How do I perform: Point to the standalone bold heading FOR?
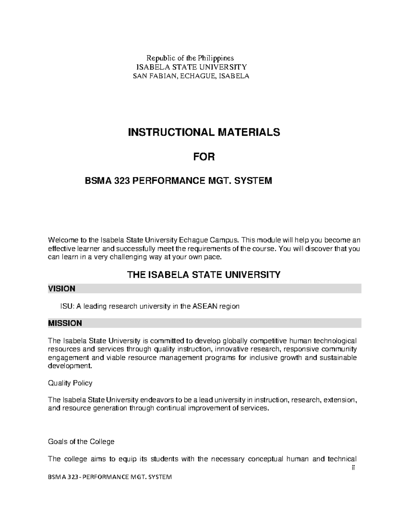click(204, 157)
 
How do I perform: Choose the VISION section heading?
click(62, 289)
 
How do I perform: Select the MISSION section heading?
click(65, 323)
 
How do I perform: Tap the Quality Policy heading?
click(70, 383)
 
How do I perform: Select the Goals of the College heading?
click(81, 442)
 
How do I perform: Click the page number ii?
click(353, 468)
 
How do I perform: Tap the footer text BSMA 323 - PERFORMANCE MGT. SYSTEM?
click(110, 477)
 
